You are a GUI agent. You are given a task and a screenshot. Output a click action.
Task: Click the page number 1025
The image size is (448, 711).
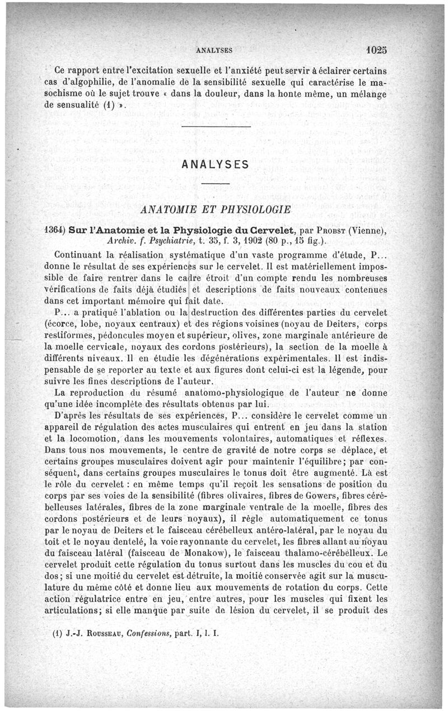pos(374,49)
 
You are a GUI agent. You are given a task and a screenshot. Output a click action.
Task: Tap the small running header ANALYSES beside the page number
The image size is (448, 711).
pos(214,50)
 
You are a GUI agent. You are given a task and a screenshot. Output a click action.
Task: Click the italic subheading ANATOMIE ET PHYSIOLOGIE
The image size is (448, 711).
pos(216,210)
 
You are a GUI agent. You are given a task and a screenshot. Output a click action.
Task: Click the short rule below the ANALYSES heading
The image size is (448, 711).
pos(216,184)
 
